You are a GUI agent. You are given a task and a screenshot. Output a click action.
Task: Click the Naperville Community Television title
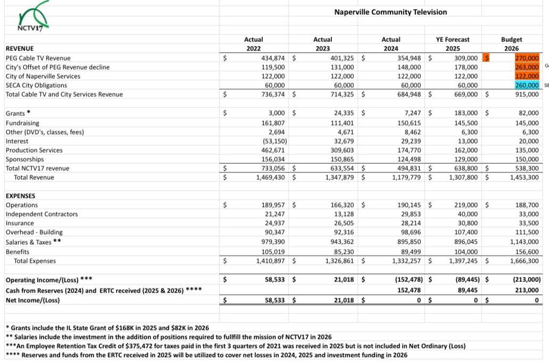pos(390,12)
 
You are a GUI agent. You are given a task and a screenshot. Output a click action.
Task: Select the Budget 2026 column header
pos(511,44)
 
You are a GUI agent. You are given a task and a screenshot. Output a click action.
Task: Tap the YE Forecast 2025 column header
pos(452,44)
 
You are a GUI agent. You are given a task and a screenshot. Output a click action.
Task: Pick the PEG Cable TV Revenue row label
pos(38,58)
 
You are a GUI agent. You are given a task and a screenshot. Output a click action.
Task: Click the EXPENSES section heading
pos(21,196)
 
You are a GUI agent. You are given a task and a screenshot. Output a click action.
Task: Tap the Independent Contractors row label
pos(41,214)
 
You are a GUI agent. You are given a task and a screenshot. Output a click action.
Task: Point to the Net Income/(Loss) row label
pos(33,300)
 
